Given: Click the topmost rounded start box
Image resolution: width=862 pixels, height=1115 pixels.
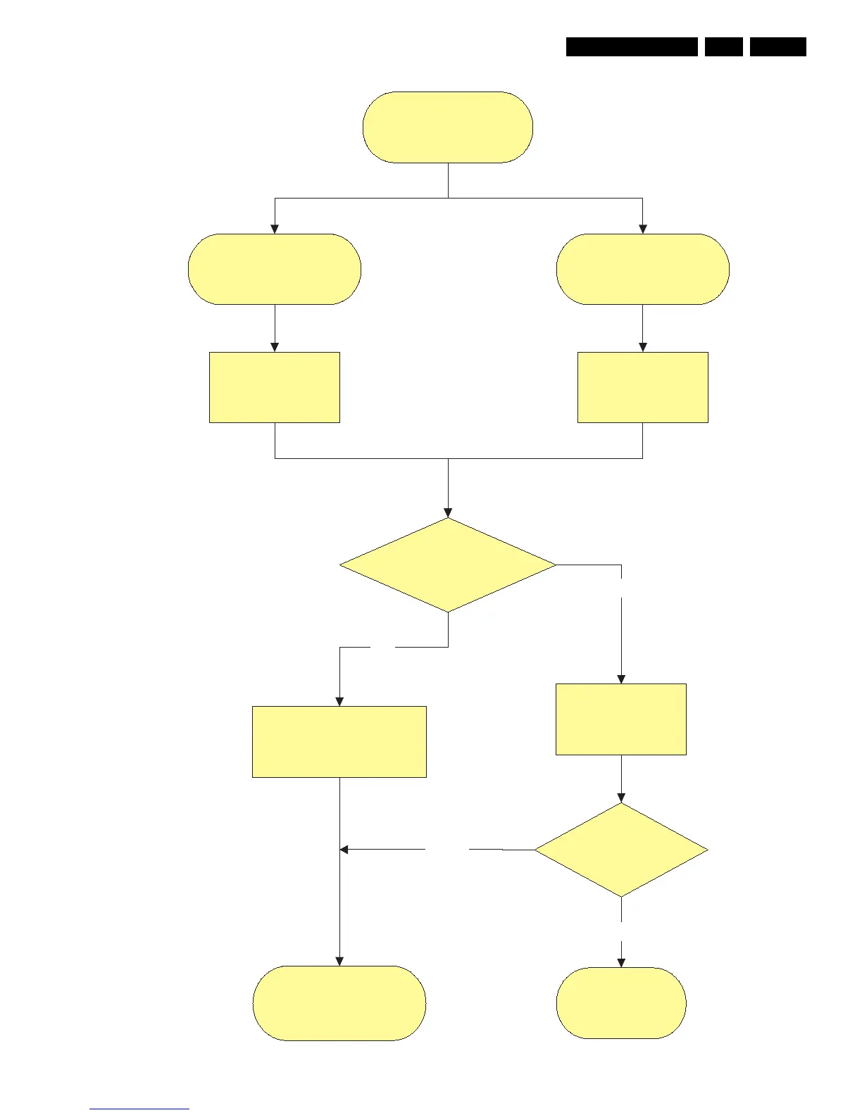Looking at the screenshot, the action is pyautogui.click(x=448, y=127).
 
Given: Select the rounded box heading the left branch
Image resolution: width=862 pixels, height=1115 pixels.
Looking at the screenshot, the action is pyautogui.click(x=275, y=269).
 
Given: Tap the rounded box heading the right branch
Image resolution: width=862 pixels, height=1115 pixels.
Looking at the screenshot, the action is pyautogui.click(x=642, y=269).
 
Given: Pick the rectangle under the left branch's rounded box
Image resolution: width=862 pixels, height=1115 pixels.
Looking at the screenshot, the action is pyautogui.click(x=275, y=387).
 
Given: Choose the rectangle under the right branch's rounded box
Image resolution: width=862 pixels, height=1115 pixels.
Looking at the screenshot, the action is pyautogui.click(x=642, y=387).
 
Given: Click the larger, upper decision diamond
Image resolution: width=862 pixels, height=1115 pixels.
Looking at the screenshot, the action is pyautogui.click(x=448, y=565).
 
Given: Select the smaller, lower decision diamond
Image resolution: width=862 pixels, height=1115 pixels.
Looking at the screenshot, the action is pyautogui.click(x=621, y=850).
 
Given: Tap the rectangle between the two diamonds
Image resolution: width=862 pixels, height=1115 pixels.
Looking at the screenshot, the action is pyautogui.click(x=621, y=719).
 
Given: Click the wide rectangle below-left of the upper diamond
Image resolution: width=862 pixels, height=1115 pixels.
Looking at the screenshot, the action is pyautogui.click(x=339, y=741).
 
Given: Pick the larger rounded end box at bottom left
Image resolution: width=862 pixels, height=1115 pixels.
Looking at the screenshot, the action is pyautogui.click(x=339, y=1003).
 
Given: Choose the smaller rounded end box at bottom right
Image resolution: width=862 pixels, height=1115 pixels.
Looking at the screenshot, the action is pyautogui.click(x=621, y=1003).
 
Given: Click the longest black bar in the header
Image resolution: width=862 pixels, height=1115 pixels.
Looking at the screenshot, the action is pyautogui.click(x=632, y=46).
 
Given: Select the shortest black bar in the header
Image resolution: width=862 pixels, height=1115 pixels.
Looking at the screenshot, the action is pyautogui.click(x=723, y=46).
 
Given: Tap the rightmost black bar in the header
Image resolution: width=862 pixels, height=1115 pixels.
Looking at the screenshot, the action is pyautogui.click(x=777, y=46).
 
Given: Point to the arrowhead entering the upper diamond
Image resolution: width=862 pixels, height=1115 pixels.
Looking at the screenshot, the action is pyautogui.click(x=448, y=513).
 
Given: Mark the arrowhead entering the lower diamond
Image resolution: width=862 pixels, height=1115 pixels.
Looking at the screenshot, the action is pyautogui.click(x=621, y=798).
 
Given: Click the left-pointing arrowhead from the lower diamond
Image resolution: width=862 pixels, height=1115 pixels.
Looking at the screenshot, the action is pyautogui.click(x=344, y=850).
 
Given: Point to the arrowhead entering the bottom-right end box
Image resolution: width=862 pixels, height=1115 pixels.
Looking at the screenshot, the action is pyautogui.click(x=621, y=962).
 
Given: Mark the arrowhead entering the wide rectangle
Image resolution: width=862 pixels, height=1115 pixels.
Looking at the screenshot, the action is pyautogui.click(x=339, y=701).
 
